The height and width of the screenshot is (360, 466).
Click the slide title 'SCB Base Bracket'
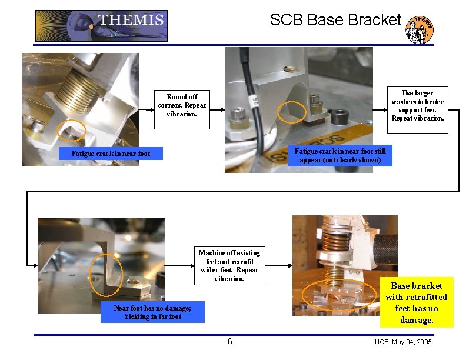click(335, 20)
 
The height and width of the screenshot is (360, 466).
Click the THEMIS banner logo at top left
click(101, 26)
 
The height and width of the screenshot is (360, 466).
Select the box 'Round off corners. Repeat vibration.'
click(182, 105)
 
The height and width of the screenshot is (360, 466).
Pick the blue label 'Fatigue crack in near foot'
click(111, 154)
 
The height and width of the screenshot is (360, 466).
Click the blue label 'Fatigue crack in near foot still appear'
click(340, 156)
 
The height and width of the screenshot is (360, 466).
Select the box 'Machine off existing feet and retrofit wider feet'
click(229, 265)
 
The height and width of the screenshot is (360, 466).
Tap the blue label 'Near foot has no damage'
click(152, 312)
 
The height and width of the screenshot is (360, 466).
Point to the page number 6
click(230, 342)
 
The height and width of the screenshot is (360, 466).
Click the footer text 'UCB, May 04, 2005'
click(403, 342)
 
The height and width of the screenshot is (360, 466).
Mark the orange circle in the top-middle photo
click(291, 112)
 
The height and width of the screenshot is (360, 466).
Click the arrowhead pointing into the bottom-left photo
click(34, 265)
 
